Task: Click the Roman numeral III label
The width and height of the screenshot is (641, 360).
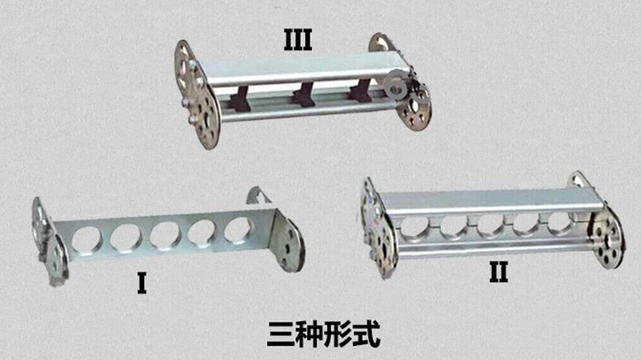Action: [298, 40]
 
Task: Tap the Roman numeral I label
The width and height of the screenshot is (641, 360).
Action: [142, 283]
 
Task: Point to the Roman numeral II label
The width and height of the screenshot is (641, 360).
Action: [499, 271]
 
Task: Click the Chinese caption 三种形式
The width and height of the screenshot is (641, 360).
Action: [323, 334]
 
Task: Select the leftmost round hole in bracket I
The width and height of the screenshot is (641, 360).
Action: [87, 239]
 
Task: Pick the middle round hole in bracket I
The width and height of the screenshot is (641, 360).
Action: [165, 235]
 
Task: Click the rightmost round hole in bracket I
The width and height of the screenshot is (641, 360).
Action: [238, 230]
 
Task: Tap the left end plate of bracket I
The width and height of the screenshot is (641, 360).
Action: [49, 242]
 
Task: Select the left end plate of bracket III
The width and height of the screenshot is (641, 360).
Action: [196, 95]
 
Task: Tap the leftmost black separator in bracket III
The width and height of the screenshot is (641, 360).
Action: [240, 99]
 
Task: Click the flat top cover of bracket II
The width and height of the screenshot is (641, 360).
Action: [490, 201]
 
